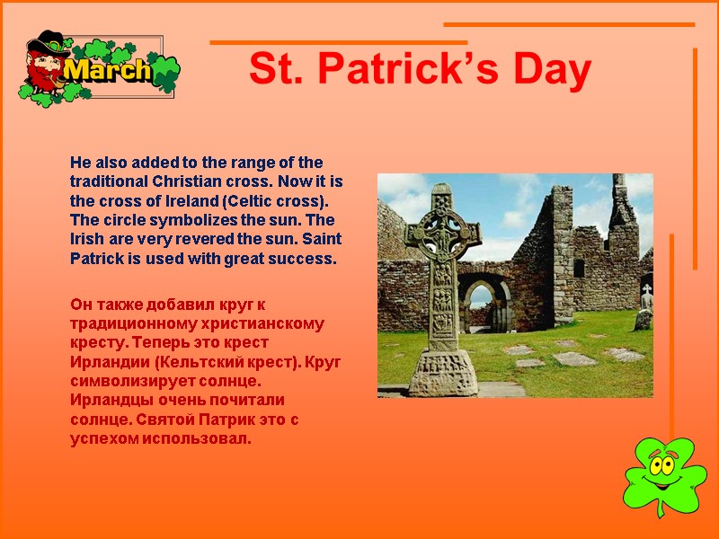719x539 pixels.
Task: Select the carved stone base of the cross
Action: [x=442, y=371]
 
